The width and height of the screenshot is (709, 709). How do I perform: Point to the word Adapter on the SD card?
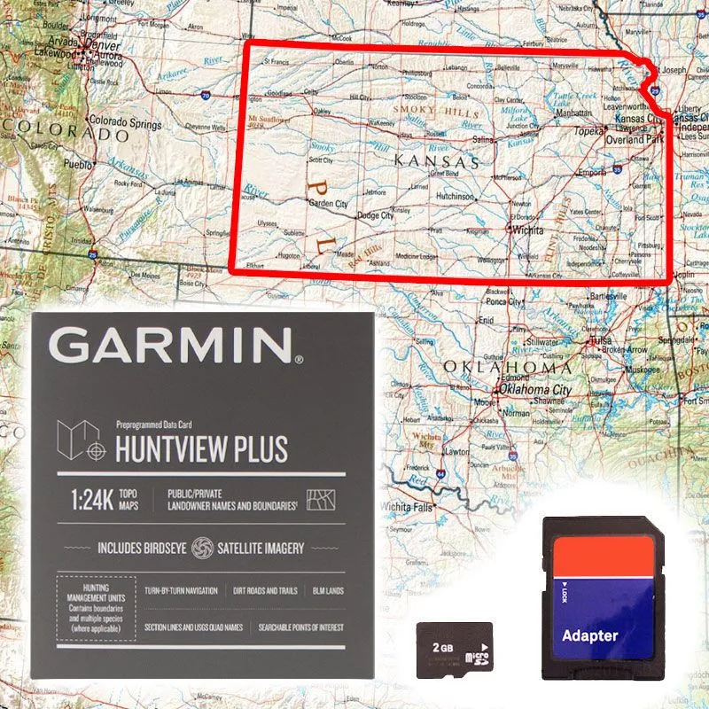(x=590, y=635)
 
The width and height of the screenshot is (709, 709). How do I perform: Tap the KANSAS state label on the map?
(x=436, y=162)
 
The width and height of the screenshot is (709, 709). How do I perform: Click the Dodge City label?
(x=375, y=215)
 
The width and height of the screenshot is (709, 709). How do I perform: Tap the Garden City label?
(x=328, y=203)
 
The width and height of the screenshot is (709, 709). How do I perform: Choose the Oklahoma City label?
(x=535, y=390)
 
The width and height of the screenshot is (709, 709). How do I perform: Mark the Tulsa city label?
(x=602, y=340)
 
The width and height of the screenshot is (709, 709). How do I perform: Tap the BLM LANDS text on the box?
(x=328, y=590)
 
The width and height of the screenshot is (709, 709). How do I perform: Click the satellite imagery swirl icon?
(x=202, y=548)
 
